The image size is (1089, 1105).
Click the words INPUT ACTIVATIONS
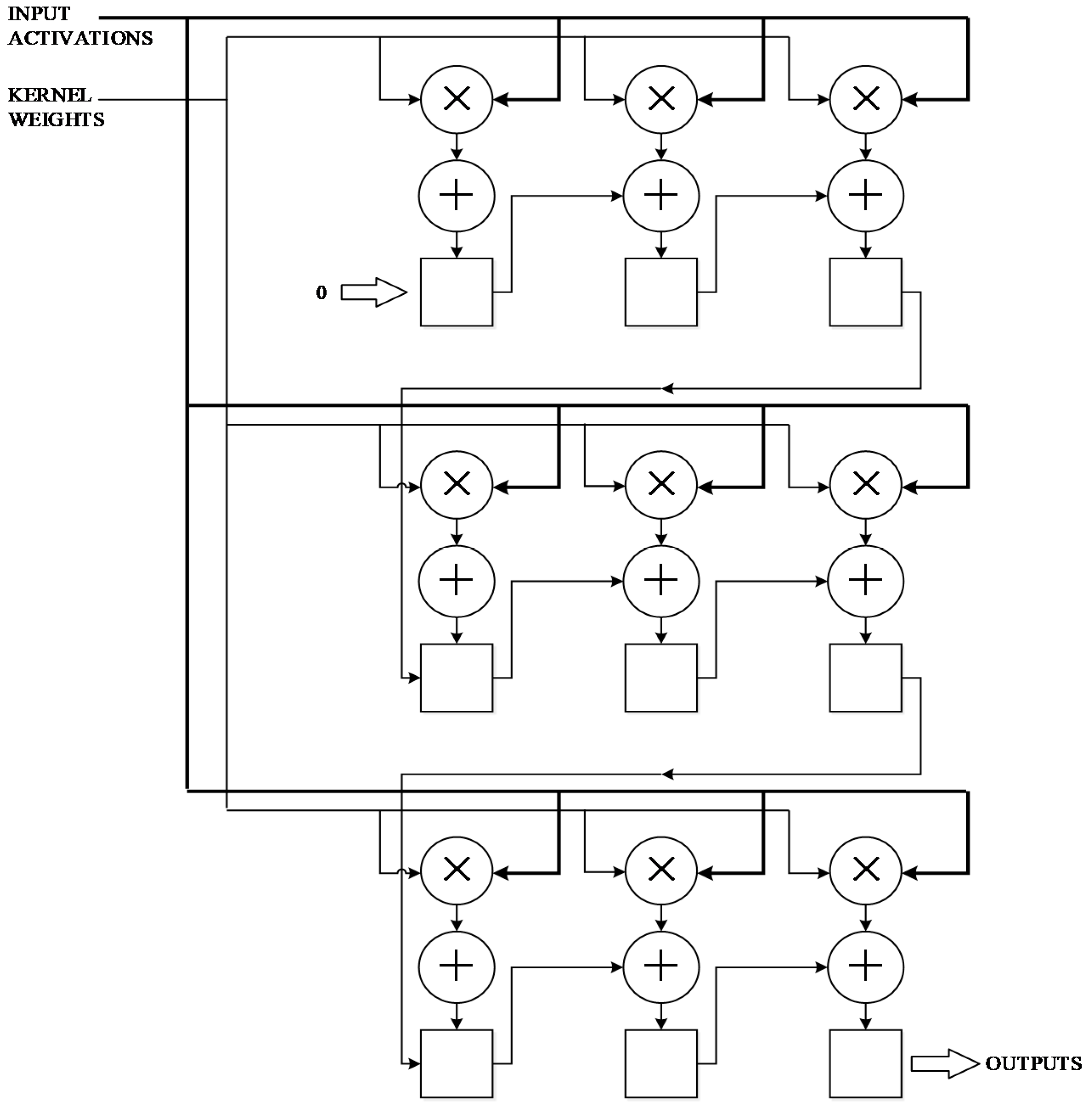coord(80,26)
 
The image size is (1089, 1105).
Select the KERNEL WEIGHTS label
coord(56,107)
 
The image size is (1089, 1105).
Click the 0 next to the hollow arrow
coord(321,293)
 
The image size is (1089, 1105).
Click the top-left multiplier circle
coord(456,99)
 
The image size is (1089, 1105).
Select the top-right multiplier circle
coord(865,99)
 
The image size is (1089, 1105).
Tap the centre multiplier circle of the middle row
coord(661,485)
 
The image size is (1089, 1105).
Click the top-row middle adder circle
coord(661,196)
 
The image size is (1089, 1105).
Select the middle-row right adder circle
coord(865,581)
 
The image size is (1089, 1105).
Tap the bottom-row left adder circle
coord(456,967)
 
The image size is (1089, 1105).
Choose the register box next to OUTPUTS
coord(865,1064)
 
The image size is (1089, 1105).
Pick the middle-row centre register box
coord(661,678)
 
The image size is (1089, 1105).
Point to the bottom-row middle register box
coord(661,1064)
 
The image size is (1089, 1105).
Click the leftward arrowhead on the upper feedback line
coord(667,389)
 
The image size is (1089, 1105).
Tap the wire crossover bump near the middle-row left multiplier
coord(402,486)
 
